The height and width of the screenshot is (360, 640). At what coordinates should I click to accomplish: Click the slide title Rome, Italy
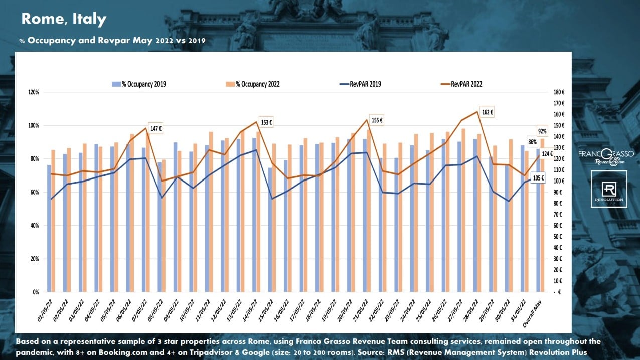coord(64,19)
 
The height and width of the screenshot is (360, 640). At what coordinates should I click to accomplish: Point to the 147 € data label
coord(156,128)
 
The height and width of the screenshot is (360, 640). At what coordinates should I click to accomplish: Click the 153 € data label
coord(266,122)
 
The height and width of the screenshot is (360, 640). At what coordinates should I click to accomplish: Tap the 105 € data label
coord(538,178)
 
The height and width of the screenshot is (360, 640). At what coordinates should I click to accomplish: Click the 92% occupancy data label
coord(542,131)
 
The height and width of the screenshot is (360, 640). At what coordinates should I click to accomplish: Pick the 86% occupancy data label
coord(532,142)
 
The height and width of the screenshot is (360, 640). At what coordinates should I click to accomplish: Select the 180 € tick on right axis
coord(560,92)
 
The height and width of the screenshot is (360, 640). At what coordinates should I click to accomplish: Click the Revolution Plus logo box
coord(609,189)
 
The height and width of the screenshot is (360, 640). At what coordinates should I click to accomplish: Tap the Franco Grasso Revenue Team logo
coord(606,156)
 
